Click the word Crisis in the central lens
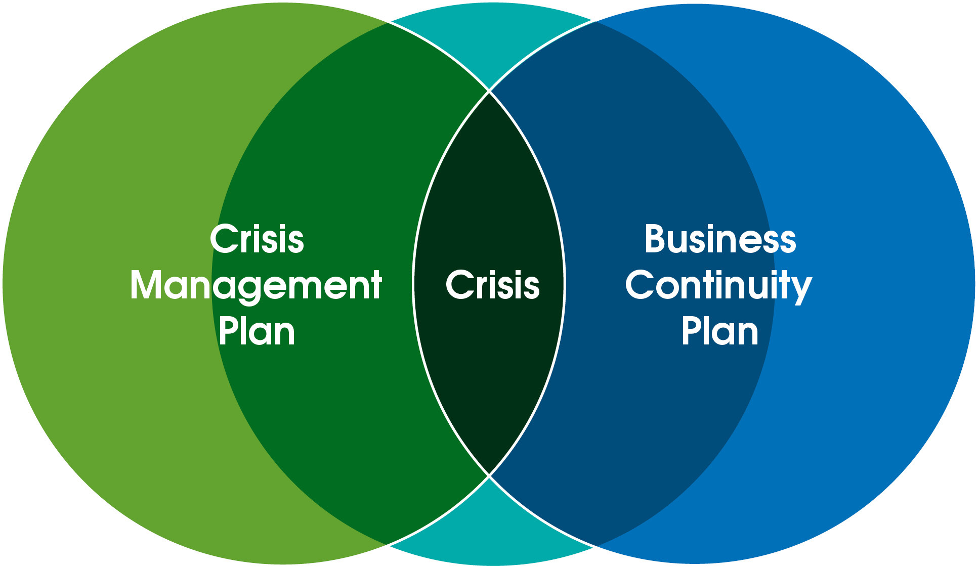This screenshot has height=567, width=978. pos(492,285)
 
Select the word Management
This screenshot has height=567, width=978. pos(256,286)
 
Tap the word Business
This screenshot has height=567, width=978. pos(720,239)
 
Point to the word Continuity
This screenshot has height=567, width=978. pos(718,286)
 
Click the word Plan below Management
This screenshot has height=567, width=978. pos(257,332)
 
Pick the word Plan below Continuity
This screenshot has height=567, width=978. pos(719,332)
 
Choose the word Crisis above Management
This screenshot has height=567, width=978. pos(257,239)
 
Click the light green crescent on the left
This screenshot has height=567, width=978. pos(101,283)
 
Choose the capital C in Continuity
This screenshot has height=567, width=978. pos(640,285)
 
